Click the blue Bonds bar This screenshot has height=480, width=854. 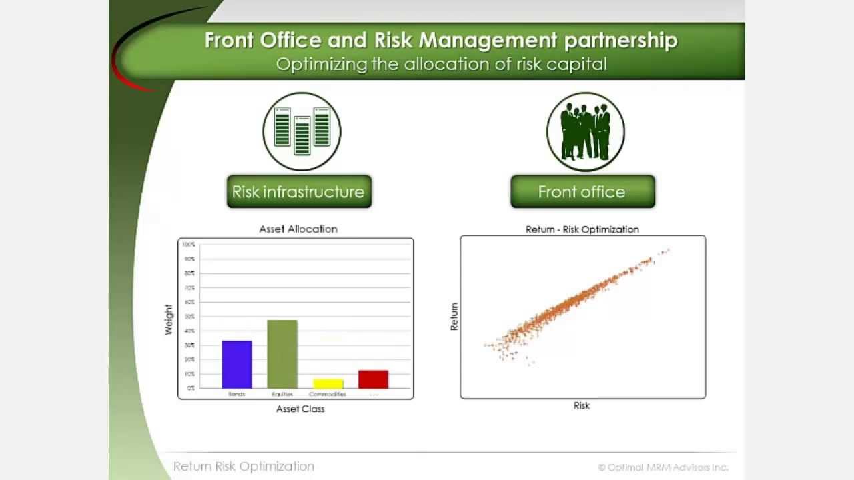237,365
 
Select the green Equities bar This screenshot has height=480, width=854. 282,354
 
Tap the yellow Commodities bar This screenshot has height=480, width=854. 328,384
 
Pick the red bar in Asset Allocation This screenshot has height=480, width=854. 373,379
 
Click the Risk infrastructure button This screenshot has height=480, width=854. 298,192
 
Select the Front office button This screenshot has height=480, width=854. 582,192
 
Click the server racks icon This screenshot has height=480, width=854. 302,131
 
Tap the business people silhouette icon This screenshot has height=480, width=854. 585,131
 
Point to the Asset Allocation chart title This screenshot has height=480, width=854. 298,229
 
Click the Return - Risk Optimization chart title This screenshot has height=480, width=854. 582,229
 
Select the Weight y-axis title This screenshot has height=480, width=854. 169,319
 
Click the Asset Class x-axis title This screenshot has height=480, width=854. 300,409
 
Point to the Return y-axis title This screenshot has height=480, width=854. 454,317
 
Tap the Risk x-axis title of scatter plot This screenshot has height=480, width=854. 582,405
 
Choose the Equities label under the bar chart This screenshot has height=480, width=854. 282,395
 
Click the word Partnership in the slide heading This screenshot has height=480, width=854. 620,40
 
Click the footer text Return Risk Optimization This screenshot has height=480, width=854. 244,467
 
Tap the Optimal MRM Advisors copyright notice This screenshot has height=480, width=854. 663,467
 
